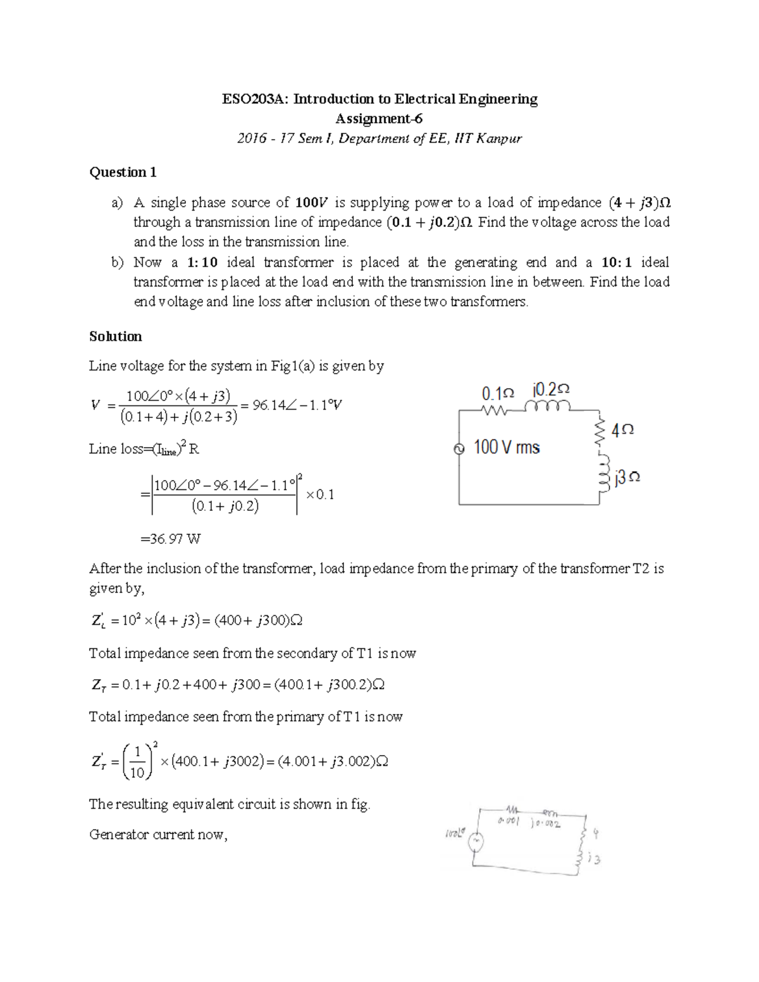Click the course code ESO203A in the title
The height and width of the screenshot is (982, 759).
pos(252,99)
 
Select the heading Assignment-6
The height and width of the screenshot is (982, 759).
pos(379,119)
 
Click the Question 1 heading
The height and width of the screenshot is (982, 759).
pos(123,173)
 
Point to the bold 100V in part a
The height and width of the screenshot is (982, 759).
pos(312,203)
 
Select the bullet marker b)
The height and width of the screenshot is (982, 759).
pos(118,262)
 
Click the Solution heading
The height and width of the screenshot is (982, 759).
pos(115,336)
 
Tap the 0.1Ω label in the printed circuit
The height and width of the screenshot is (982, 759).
pos(498,393)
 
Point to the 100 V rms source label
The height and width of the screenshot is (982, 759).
pos(506,448)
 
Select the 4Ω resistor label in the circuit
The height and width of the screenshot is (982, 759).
pos(623,430)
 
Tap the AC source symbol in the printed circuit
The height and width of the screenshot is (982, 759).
pos(460,448)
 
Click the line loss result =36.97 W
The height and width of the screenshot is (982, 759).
pos(170,539)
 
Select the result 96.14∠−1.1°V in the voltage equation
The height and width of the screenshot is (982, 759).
pos(297,405)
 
